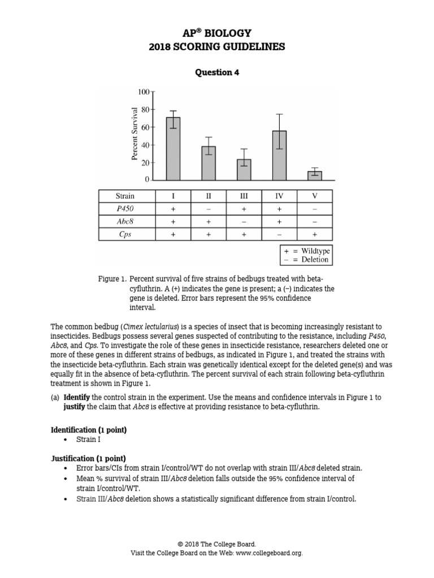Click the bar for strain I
point(173,149)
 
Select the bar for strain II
point(209,163)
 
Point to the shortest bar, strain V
point(315,176)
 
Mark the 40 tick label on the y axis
point(145,145)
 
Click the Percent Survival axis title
point(134,133)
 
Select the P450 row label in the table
point(125,209)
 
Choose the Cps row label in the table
point(125,234)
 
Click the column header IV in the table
point(279,196)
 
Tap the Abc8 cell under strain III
point(244,222)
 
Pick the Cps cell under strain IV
point(279,234)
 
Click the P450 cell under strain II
point(209,209)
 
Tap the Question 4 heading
point(217,72)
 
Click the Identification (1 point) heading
point(89,430)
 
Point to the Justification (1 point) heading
point(88,458)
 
